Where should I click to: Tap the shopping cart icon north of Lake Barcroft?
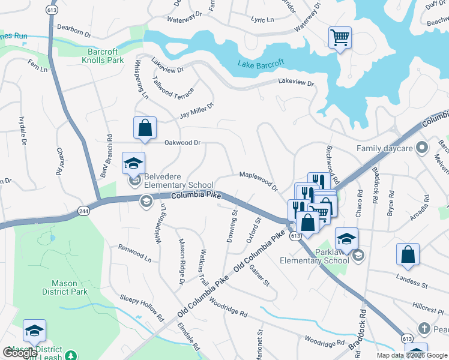(x=340, y=38)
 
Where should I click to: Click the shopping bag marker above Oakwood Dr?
(x=145, y=128)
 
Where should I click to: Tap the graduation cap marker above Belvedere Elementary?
(x=134, y=163)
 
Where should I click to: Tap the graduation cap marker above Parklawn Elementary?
(x=346, y=239)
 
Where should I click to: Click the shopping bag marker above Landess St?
(x=408, y=253)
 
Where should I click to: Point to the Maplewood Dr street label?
(x=259, y=181)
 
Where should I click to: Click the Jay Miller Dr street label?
(x=196, y=111)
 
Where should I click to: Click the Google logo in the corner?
(x=20, y=353)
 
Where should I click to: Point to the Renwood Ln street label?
(x=134, y=253)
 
